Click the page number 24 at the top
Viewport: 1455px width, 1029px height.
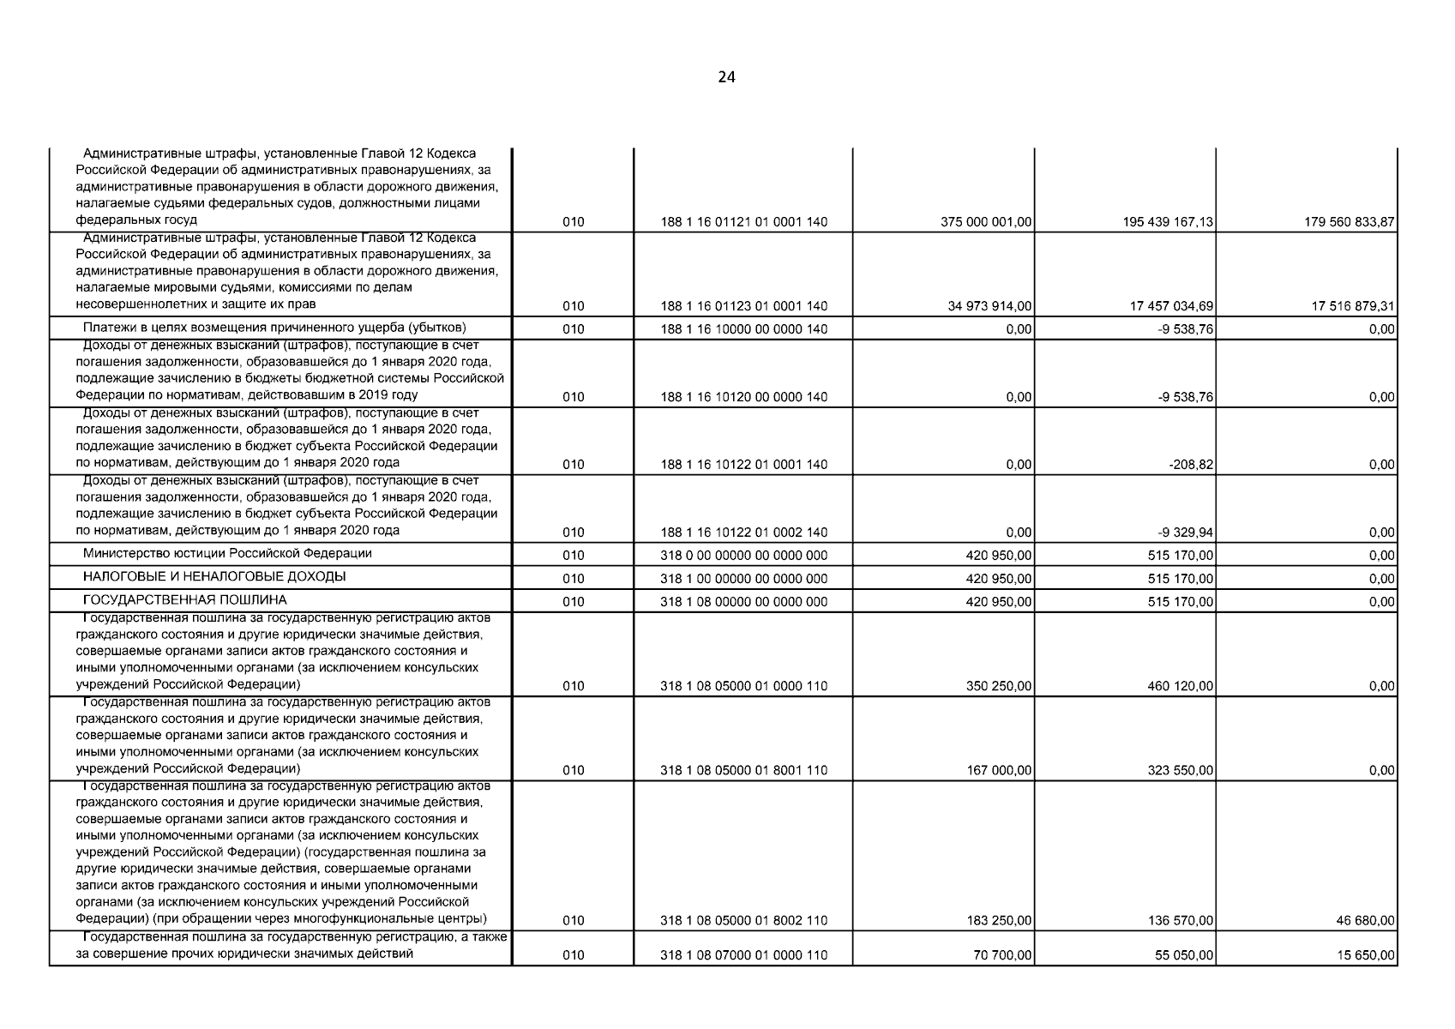coord(726,77)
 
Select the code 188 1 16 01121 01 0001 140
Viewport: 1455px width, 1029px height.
coord(743,222)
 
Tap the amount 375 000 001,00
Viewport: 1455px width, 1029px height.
coord(986,222)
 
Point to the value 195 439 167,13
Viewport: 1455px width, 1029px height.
coord(1168,222)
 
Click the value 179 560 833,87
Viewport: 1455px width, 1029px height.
coord(1350,222)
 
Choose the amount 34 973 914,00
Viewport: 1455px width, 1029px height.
coord(989,306)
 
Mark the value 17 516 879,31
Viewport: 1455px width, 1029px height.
coord(1353,306)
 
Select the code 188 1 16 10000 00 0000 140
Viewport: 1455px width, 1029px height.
coord(743,329)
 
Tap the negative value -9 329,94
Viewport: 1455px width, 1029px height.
coord(1187,533)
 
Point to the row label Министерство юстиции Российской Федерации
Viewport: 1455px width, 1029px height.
coord(227,554)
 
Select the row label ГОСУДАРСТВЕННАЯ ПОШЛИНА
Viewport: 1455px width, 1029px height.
coord(184,600)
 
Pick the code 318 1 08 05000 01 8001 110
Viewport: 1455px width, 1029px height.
coord(743,771)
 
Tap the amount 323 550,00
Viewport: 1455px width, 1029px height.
coord(1180,771)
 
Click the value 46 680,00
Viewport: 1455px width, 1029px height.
coord(1365,921)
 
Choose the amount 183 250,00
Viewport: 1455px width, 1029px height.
coord(999,921)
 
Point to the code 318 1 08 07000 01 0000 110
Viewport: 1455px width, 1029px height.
coord(743,955)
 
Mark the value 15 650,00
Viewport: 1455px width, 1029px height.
coord(1365,955)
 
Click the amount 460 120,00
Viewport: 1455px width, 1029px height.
coord(1180,686)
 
